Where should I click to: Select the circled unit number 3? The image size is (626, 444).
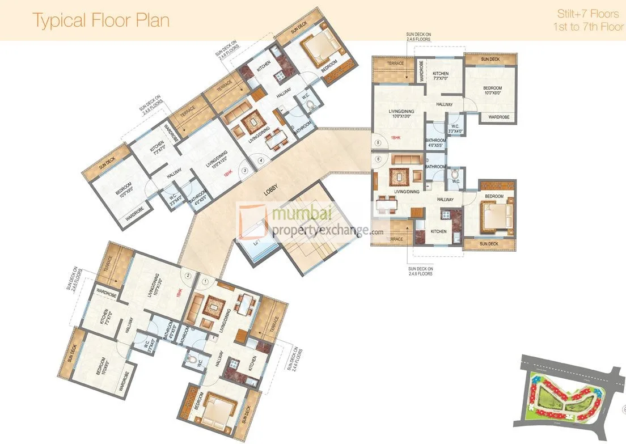click(245, 169)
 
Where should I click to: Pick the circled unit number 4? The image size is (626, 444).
click(261, 160)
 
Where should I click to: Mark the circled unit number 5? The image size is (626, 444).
click(377, 142)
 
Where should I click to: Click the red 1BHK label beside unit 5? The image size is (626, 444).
click(395, 138)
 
